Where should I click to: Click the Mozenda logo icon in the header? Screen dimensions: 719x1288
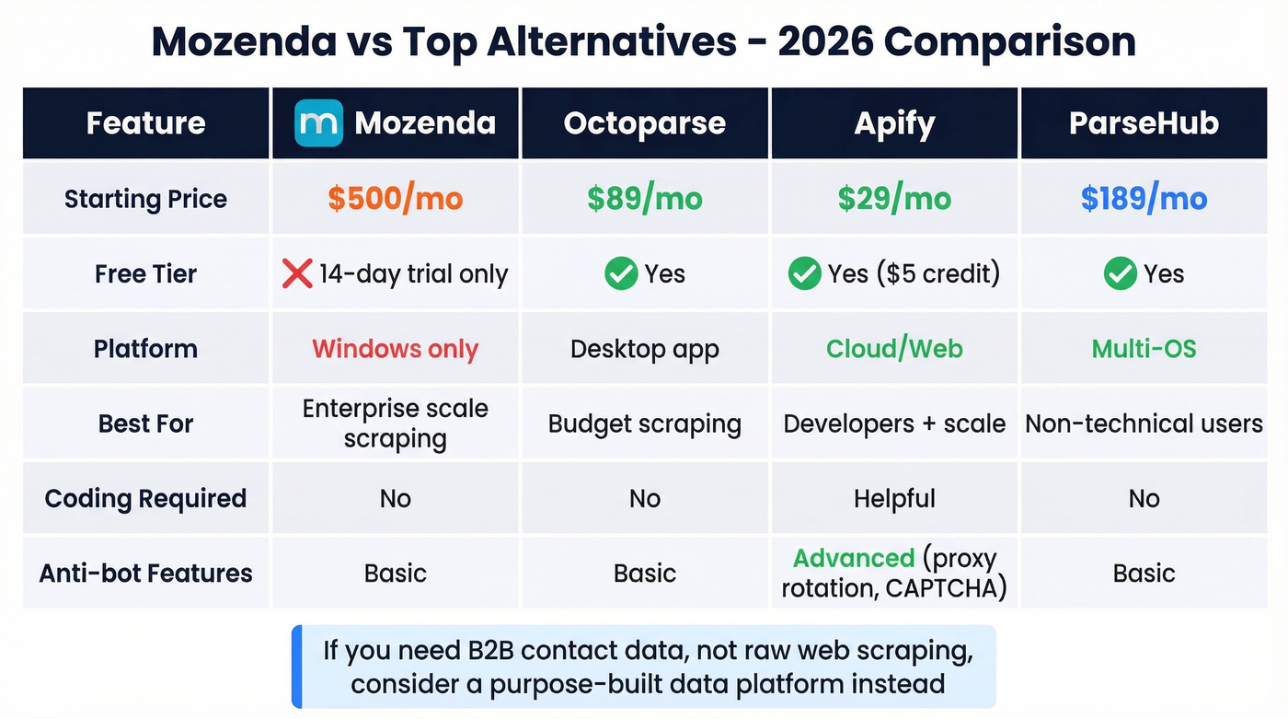pyautogui.click(x=318, y=123)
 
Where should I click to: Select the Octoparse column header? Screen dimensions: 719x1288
pyautogui.click(x=644, y=123)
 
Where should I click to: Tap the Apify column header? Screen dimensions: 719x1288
pyautogui.click(x=894, y=123)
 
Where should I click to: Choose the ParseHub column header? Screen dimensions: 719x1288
pyautogui.click(x=1144, y=123)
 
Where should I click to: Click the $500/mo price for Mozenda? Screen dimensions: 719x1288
pyautogui.click(x=396, y=199)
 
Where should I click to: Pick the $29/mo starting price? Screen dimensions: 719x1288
pyautogui.click(x=894, y=199)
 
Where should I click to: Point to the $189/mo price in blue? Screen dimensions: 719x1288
pyautogui.click(x=1144, y=199)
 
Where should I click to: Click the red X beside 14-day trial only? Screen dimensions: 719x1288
pyautogui.click(x=297, y=273)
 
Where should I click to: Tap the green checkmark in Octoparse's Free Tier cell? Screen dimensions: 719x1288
pyautogui.click(x=621, y=273)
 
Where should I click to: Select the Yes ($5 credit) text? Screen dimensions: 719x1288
pyautogui.click(x=914, y=273)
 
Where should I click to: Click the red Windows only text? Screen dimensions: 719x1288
pyautogui.click(x=396, y=349)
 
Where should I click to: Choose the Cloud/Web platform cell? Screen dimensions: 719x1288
pyautogui.click(x=894, y=349)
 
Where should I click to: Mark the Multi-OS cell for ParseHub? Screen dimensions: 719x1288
pyautogui.click(x=1144, y=349)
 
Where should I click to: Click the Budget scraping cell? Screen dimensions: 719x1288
pyautogui.click(x=644, y=423)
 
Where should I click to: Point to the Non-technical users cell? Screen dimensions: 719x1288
pyautogui.click(x=1144, y=423)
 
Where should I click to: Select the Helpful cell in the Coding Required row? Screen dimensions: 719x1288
pyautogui.click(x=894, y=499)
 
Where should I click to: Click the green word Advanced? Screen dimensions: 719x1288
pyautogui.click(x=854, y=559)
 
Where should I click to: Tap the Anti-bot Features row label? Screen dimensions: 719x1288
pyautogui.click(x=145, y=574)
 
